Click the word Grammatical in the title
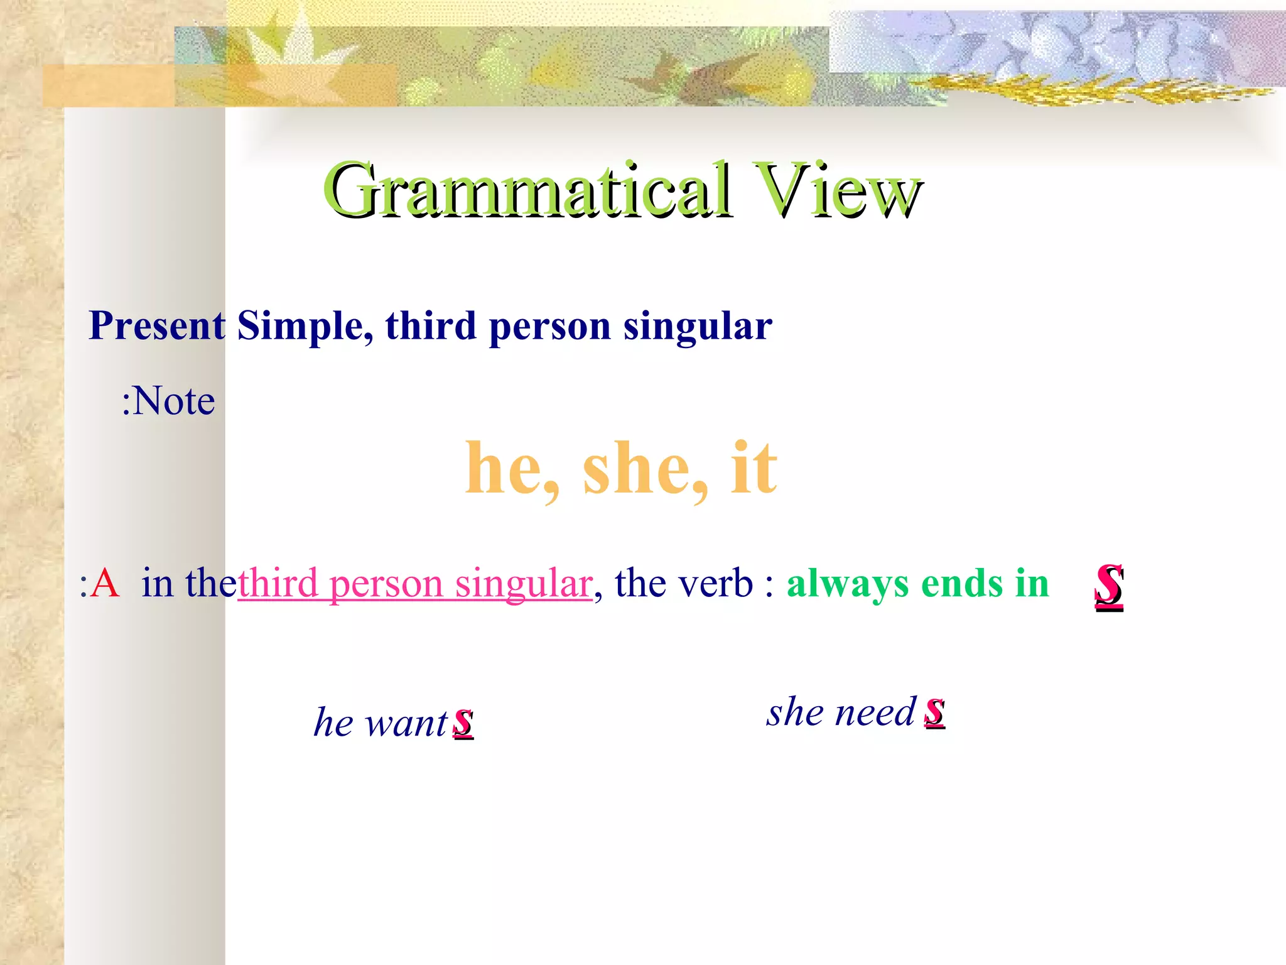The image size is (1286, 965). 527,190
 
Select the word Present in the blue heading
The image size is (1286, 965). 157,326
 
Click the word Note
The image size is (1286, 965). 174,401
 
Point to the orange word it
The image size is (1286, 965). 754,468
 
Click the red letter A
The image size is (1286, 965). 104,583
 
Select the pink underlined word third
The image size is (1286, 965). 278,583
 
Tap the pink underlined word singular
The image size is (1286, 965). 524,583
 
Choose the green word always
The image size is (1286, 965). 847,583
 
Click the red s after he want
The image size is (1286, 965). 463,722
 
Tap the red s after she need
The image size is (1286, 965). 934,712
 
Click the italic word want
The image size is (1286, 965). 406,722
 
